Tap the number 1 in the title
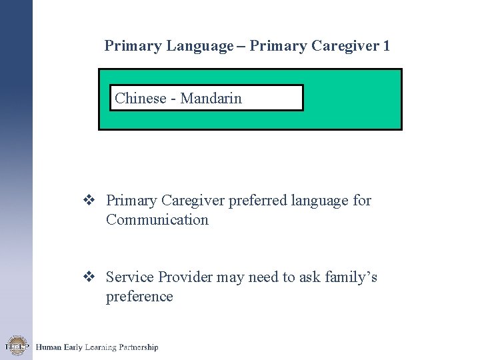(386, 46)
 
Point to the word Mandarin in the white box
(210, 98)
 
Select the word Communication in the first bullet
(157, 219)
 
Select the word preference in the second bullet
(139, 297)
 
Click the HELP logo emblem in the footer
(16, 346)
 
